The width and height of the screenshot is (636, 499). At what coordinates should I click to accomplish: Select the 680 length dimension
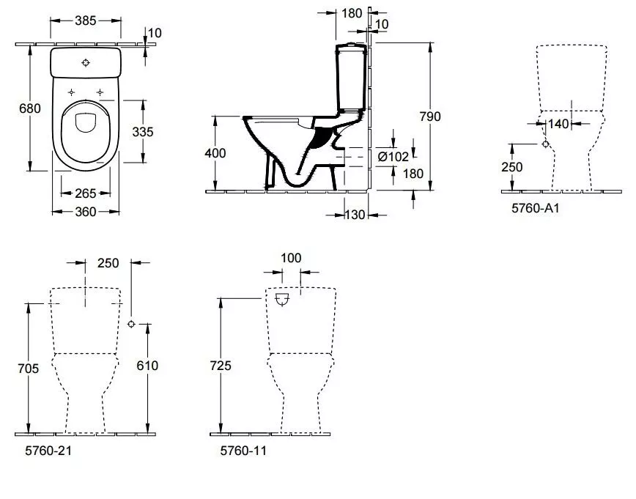click(29, 108)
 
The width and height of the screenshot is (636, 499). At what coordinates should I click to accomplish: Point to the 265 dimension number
click(86, 193)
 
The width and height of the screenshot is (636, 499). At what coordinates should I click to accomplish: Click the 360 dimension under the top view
click(86, 212)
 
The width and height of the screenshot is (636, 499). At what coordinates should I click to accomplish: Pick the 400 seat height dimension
click(215, 153)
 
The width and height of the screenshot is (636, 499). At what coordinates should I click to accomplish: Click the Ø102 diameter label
click(393, 156)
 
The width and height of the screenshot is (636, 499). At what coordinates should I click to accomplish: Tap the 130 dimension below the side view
click(355, 214)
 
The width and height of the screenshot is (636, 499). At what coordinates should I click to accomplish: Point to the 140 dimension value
click(559, 124)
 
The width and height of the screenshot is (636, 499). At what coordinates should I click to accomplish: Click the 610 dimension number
click(147, 366)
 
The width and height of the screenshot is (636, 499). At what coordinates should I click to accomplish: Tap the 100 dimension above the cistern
click(290, 258)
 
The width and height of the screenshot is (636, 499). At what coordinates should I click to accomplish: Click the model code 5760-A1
click(535, 207)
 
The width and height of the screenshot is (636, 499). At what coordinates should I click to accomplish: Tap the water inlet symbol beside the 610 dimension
click(131, 324)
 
